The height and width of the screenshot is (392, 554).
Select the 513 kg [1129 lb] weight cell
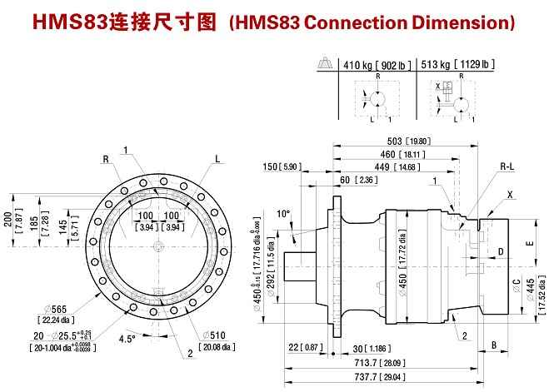pyautogui.click(x=457, y=64)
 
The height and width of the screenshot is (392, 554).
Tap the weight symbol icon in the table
pyautogui.click(x=325, y=63)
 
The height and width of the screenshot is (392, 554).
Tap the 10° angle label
pyautogui.click(x=284, y=214)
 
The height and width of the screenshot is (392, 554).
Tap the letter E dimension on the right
pyautogui.click(x=529, y=245)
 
